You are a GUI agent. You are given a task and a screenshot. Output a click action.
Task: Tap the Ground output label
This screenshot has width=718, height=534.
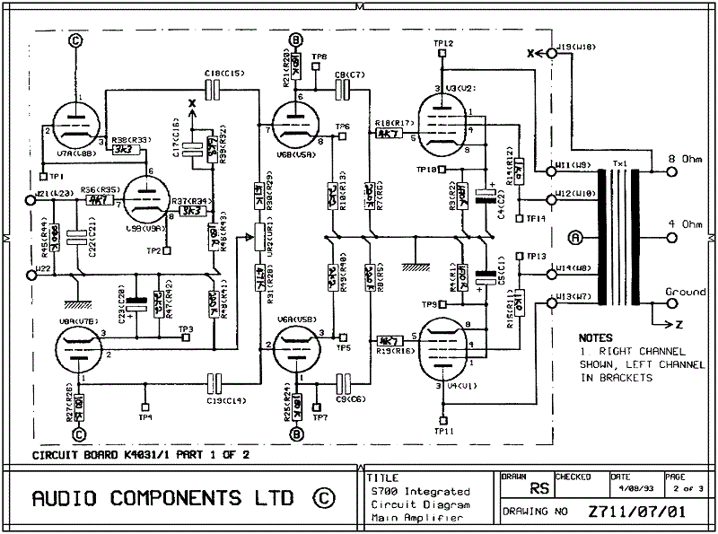pyautogui.click(x=685, y=293)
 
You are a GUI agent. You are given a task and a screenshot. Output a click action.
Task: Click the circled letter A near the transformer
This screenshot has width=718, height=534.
pyautogui.click(x=576, y=238)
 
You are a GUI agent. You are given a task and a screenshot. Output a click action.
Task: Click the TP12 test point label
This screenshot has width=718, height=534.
pyautogui.click(x=443, y=43)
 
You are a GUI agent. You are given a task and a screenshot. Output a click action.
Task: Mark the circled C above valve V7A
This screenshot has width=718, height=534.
pyautogui.click(x=76, y=40)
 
